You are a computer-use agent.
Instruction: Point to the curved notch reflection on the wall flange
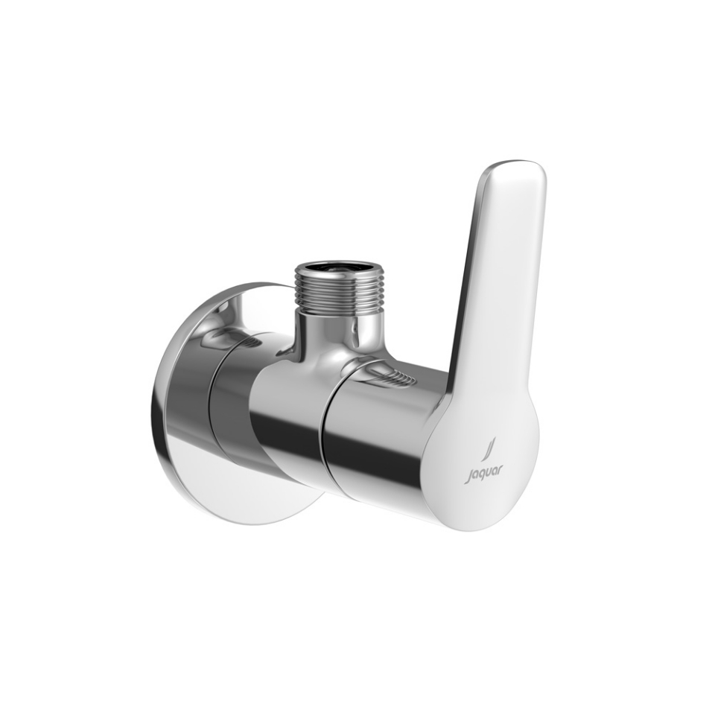(228, 337)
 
